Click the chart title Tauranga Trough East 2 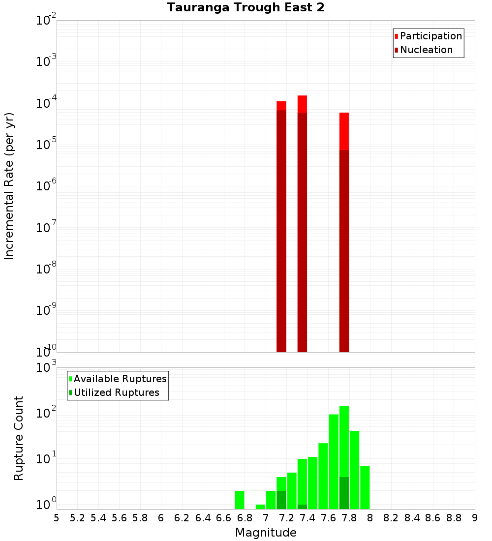pyautogui.click(x=246, y=8)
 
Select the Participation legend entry pyautogui.click(x=431, y=36)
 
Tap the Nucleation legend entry pyautogui.click(x=426, y=50)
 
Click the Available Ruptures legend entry pyautogui.click(x=120, y=379)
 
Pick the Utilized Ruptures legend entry pyautogui.click(x=116, y=392)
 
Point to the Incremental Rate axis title pyautogui.click(x=9, y=186)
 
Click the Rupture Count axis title pyautogui.click(x=19, y=438)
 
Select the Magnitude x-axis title pyautogui.click(x=266, y=533)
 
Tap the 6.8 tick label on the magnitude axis pyautogui.click(x=245, y=518)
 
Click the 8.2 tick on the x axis pyautogui.click(x=391, y=518)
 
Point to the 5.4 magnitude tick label pyautogui.click(x=98, y=518)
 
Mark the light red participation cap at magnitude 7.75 pyautogui.click(x=344, y=131)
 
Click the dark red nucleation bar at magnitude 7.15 pyautogui.click(x=281, y=231)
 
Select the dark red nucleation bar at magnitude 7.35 pyautogui.click(x=302, y=231)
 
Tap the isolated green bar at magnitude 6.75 pyautogui.click(x=240, y=500)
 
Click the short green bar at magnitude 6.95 pyautogui.click(x=260, y=507)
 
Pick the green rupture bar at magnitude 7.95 pyautogui.click(x=365, y=487)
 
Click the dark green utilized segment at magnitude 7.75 pyautogui.click(x=344, y=493)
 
